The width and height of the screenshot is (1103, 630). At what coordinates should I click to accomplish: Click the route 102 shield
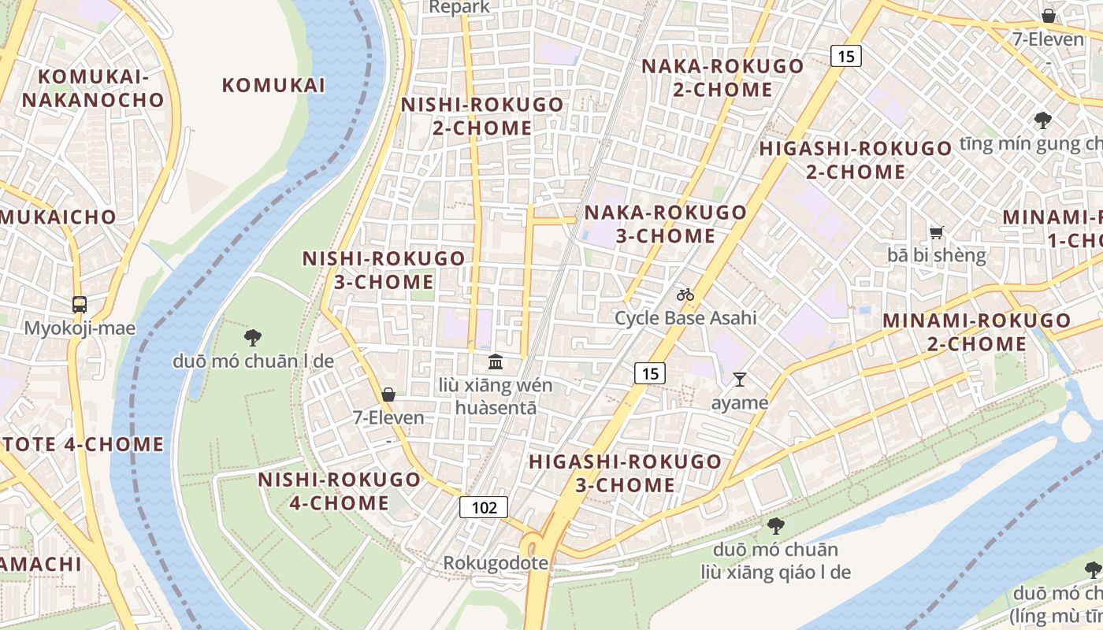(x=484, y=507)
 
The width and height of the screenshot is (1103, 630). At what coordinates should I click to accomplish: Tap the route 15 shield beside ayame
(x=650, y=373)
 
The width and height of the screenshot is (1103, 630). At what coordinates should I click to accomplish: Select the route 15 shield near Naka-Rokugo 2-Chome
(x=845, y=56)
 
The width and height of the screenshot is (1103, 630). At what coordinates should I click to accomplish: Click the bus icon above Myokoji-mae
(x=79, y=304)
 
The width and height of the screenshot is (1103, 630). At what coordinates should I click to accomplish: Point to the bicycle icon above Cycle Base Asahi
(x=685, y=295)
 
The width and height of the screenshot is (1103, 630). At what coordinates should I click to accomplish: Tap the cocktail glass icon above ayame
(x=739, y=380)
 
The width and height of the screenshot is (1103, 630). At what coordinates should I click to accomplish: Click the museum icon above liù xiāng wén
(x=496, y=362)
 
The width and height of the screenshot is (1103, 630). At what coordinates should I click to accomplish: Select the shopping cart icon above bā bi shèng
(x=936, y=232)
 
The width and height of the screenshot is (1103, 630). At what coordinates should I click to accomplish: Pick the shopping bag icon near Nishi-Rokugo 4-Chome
(x=388, y=394)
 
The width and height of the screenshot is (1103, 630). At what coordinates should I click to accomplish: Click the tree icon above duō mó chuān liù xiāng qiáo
(x=775, y=525)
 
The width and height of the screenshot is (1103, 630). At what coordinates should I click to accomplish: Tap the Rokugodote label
(x=495, y=563)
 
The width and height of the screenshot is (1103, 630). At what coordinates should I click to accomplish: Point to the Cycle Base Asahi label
(x=685, y=318)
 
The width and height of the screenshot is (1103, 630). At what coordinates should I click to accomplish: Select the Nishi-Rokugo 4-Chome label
(x=340, y=491)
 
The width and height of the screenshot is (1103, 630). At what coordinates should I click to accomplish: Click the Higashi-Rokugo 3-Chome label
(x=625, y=472)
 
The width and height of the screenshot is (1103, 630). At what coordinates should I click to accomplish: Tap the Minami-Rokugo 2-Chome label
(x=976, y=332)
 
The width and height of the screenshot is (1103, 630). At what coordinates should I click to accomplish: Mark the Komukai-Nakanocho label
(x=93, y=88)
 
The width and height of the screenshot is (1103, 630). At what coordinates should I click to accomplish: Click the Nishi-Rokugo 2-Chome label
(x=482, y=116)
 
